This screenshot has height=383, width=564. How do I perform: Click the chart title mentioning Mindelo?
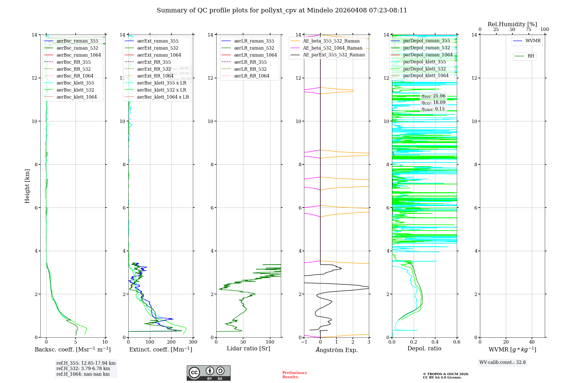282,10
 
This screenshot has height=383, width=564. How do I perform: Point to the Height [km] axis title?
27,186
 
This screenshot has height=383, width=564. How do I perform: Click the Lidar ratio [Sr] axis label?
248,348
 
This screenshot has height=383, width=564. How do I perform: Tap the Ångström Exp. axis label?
336,350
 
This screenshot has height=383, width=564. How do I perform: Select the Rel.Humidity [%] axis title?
512,24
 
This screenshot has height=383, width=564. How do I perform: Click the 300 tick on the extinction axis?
193,342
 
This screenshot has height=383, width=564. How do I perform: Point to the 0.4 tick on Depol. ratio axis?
435,342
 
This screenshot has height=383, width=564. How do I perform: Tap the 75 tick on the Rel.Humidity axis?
528,30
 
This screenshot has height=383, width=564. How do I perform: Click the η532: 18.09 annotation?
433,103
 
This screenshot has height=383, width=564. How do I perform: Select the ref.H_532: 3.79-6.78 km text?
83,368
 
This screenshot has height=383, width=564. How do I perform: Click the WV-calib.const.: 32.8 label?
503,362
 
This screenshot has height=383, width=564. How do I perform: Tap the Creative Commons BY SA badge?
208,373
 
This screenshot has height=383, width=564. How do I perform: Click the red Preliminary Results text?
294,375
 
